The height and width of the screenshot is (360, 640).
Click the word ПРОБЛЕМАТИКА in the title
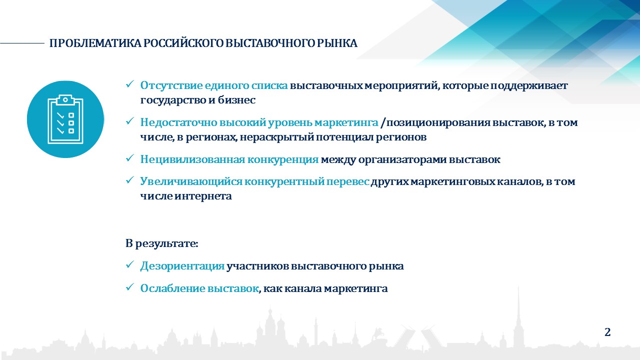(x=95, y=43)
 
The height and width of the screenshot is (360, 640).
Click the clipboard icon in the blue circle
(x=65, y=119)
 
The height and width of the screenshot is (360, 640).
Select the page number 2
(x=607, y=332)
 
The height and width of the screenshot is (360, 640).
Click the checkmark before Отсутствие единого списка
(x=129, y=84)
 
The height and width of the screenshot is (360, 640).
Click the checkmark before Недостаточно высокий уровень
(x=129, y=121)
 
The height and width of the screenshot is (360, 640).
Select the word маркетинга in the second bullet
(x=346, y=123)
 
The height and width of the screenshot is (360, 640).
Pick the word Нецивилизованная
(x=192, y=159)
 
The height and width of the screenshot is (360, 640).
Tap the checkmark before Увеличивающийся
(x=129, y=180)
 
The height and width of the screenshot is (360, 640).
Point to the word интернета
(x=203, y=196)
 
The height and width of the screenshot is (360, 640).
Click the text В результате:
(x=161, y=243)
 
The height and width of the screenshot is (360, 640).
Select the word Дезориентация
(x=182, y=266)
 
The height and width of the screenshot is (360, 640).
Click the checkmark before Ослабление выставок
(x=129, y=287)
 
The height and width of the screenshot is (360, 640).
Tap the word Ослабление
(x=172, y=288)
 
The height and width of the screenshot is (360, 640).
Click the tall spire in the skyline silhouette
(x=518, y=314)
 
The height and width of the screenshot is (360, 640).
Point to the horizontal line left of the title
(x=22, y=43)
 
